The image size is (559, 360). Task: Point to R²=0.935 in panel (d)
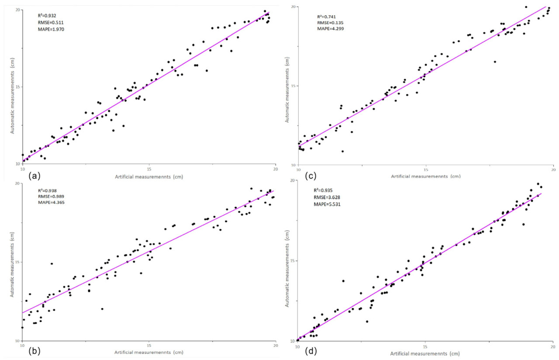pos(324,190)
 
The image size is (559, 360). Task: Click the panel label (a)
pos(34,177)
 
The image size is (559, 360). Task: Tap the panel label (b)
pos(34,352)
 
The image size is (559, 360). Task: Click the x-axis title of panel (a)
pos(148,177)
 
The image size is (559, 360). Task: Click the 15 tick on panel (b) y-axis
pos(17,262)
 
